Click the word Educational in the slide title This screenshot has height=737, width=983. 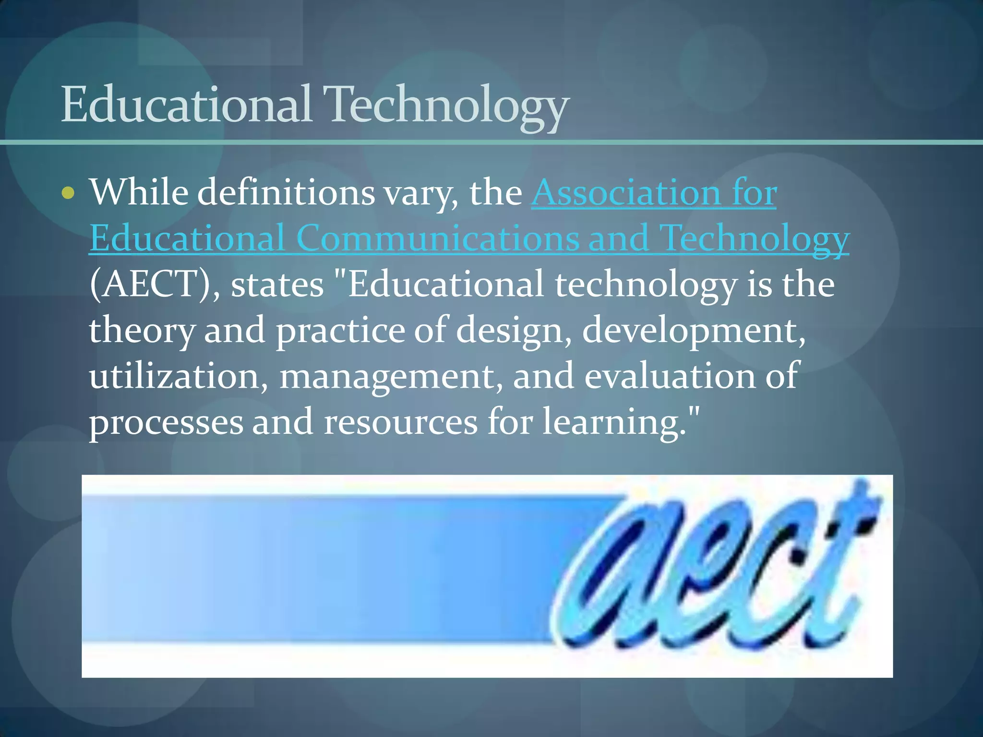point(186,104)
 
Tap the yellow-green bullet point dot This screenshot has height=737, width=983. point(69,193)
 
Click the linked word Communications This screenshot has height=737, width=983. point(438,238)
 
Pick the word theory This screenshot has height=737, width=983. point(142,331)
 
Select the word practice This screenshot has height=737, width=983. point(340,331)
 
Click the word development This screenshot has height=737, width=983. point(694,331)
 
